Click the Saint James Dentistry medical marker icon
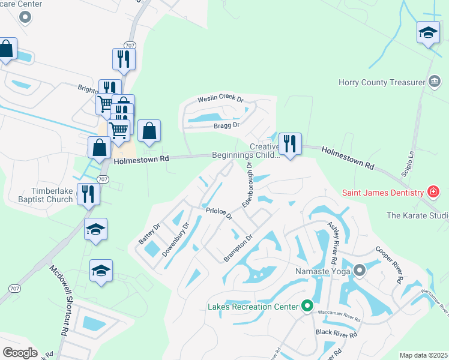(x=433, y=193)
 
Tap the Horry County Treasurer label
(x=381, y=83)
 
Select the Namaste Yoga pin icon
(x=360, y=271)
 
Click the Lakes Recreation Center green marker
(x=307, y=307)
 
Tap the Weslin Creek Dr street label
(x=221, y=99)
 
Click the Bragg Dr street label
(x=227, y=125)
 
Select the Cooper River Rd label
(x=389, y=264)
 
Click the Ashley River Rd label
(x=333, y=238)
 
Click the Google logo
(x=20, y=353)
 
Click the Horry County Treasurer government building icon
(x=435, y=82)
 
